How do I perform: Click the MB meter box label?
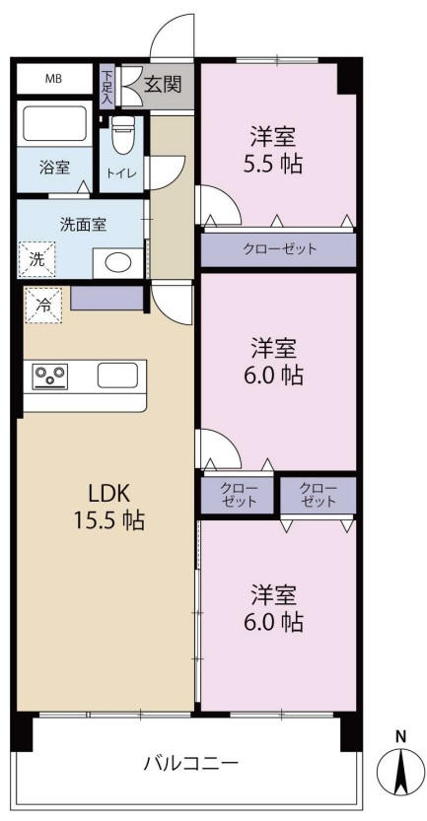coord(53,79)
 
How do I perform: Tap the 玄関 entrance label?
coord(163,84)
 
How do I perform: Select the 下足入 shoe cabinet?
coord(107,88)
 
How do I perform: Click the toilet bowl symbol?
coord(123,135)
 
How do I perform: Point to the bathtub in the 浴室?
coord(54,123)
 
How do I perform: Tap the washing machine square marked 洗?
coord(36,259)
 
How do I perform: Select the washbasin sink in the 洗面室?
coord(118,263)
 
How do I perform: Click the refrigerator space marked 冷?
coord(43,305)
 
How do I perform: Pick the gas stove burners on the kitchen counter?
coord(49,376)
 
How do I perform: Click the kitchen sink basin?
coord(117,376)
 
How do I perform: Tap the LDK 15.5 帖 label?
coord(108,507)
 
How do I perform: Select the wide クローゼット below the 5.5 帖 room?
coord(279,249)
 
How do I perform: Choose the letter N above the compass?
coord(400,736)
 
